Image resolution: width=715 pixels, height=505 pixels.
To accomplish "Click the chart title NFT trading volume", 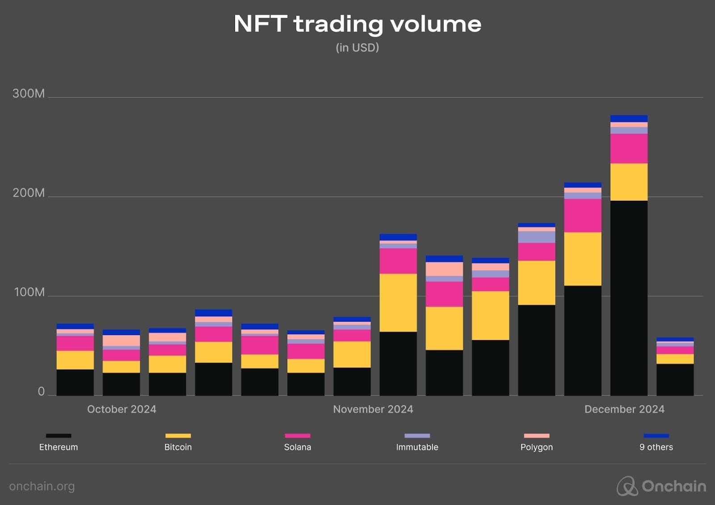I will pos(357,24).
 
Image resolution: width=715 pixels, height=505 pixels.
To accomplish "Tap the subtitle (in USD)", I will pos(357,47).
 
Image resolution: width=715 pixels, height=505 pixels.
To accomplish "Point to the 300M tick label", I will pos(29,93).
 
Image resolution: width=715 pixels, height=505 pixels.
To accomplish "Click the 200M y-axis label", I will pos(29,193).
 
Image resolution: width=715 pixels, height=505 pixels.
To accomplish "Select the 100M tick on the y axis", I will pos(29,292).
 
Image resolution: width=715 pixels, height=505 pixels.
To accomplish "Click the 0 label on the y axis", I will pos(41,391).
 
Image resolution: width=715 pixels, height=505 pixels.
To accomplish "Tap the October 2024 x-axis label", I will pos(122,409).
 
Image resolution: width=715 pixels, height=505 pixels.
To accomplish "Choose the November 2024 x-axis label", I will pos(373,409).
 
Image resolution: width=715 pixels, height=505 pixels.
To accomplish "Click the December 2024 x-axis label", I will pos(624,409).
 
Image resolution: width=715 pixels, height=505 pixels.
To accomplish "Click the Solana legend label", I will pos(298,447).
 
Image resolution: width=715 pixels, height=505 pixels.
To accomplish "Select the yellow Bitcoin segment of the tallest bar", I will pos(629,182).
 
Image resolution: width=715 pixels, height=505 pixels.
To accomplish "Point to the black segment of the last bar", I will pos(675,379).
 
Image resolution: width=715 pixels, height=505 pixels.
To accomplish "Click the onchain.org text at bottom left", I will pos(42,486).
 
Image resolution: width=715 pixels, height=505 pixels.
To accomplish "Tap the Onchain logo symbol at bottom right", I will pos(627,486).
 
